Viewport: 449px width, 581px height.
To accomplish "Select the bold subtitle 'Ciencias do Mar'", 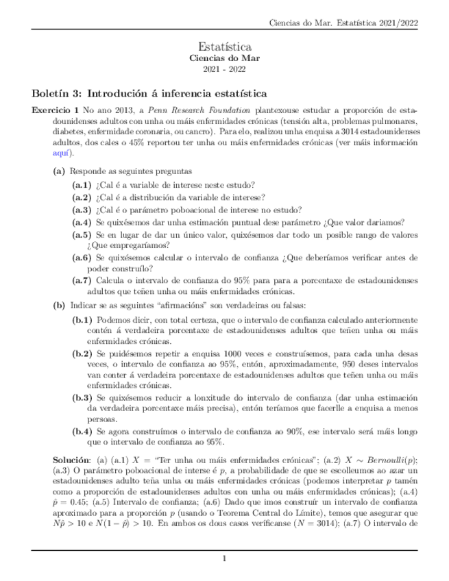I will (x=224, y=59).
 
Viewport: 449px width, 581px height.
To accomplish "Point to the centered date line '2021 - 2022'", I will (x=224, y=70).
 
